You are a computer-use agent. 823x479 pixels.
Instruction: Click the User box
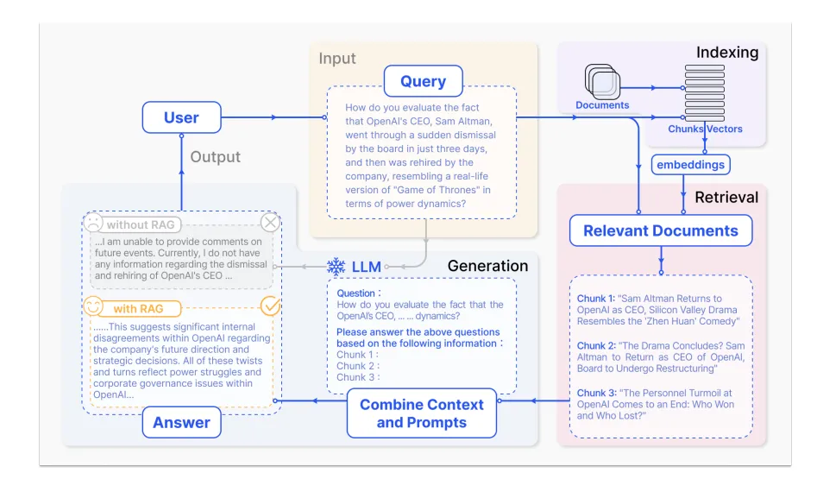pos(181,118)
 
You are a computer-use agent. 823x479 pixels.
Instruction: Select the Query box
pos(423,82)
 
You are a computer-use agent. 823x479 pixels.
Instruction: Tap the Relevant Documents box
pos(661,230)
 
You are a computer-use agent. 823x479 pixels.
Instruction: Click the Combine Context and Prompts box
pos(421,413)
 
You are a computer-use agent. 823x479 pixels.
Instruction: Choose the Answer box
pos(181,422)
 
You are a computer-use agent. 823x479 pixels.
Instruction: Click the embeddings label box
pos(690,164)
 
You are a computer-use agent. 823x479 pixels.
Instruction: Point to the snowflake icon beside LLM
pos(336,267)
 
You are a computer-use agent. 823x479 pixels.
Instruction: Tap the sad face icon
pos(92,223)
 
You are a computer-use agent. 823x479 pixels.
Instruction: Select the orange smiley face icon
pos(93,306)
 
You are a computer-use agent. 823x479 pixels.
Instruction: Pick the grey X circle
pos(270,223)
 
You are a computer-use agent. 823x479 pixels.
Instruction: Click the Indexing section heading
pos(727,53)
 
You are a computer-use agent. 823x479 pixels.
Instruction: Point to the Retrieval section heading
pos(726,198)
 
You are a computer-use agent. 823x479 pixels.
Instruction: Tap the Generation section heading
pos(487,266)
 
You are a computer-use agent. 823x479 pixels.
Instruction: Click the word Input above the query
pos(337,60)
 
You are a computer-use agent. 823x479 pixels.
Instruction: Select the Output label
pos(215,157)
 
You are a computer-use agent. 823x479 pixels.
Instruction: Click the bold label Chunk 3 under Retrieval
pos(595,394)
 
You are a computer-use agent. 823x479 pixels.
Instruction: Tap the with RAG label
pos(137,308)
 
